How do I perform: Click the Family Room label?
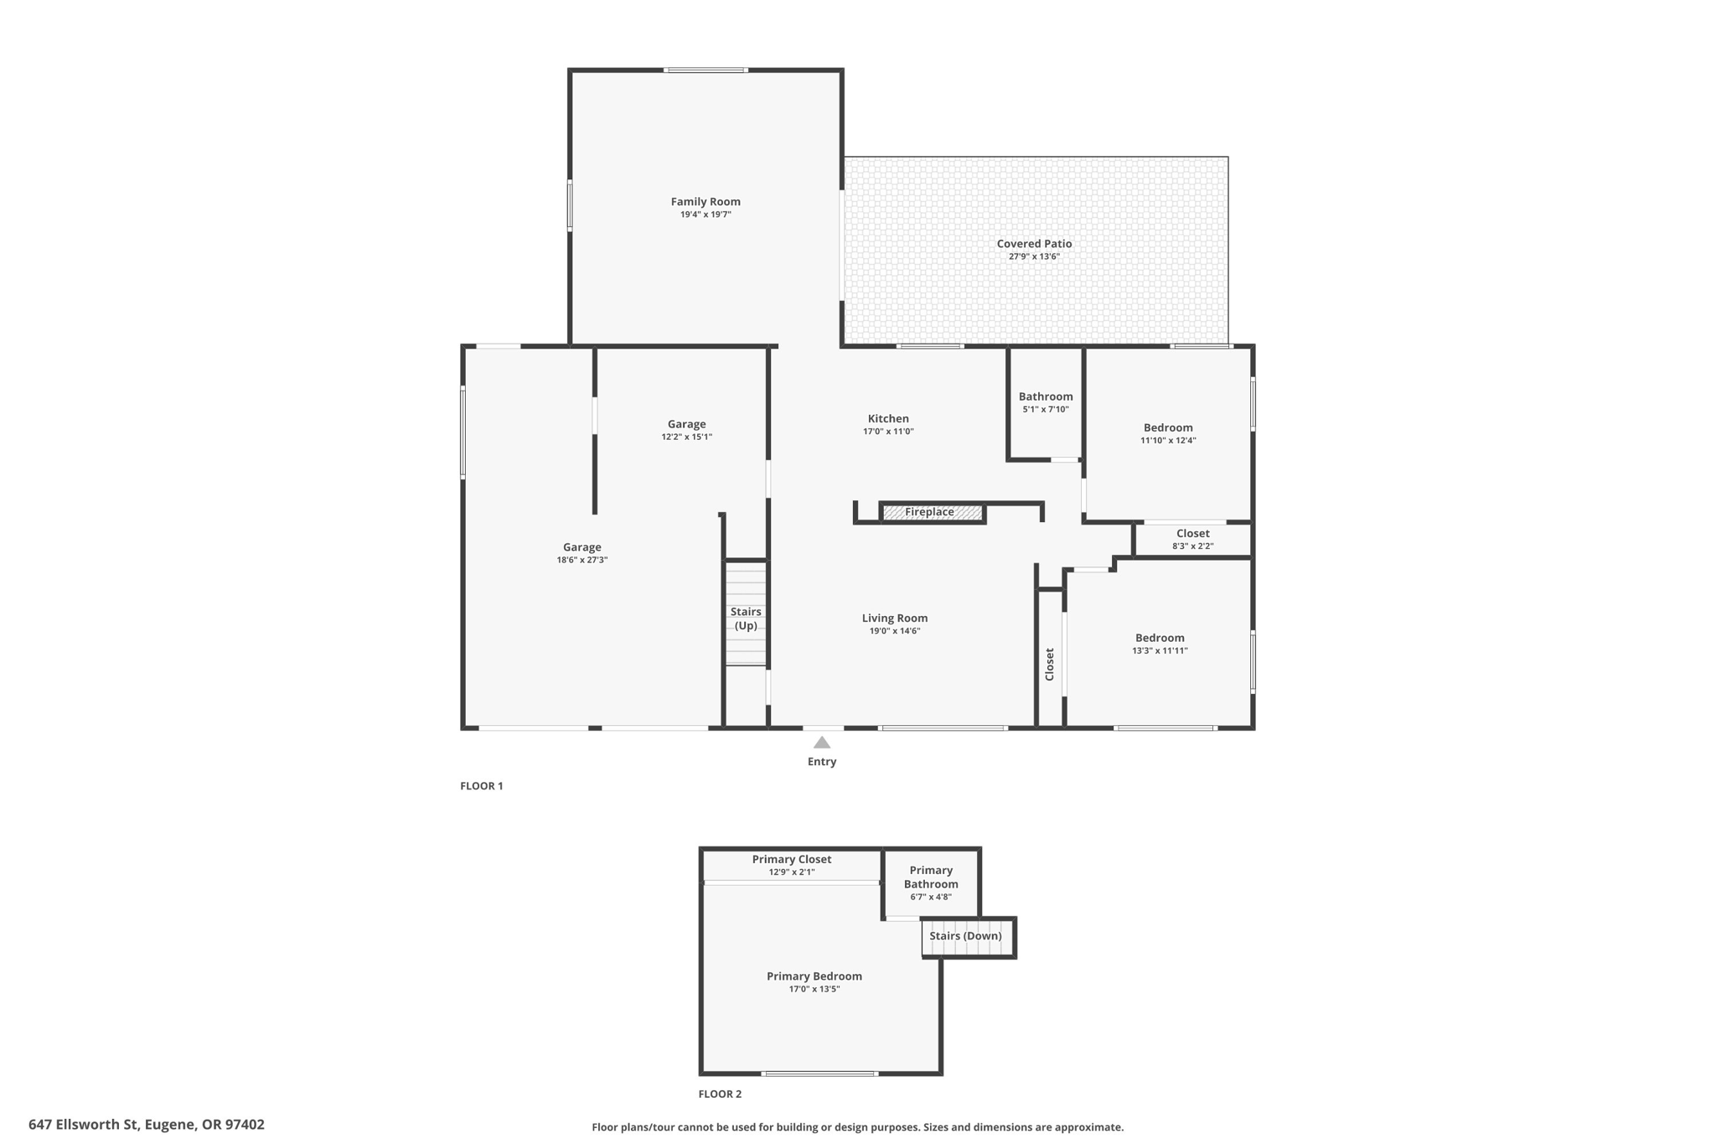[x=705, y=201]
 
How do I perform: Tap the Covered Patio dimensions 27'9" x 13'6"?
[x=1034, y=256]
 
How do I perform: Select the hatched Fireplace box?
[x=932, y=512]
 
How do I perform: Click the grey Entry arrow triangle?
[x=822, y=743]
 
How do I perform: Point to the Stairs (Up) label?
[x=745, y=619]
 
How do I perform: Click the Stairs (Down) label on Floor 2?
[x=965, y=936]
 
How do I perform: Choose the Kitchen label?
[x=888, y=418]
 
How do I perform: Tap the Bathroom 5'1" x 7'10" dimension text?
[x=1046, y=410]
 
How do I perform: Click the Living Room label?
[x=894, y=618]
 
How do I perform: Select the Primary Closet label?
[x=791, y=859]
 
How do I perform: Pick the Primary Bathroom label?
[x=930, y=877]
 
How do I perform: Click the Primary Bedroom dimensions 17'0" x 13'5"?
[x=814, y=989]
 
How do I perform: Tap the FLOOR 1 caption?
[x=481, y=786]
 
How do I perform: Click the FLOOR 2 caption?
[x=720, y=1094]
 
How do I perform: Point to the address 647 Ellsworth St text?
[x=147, y=1125]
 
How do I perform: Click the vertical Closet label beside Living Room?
[x=1049, y=664]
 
